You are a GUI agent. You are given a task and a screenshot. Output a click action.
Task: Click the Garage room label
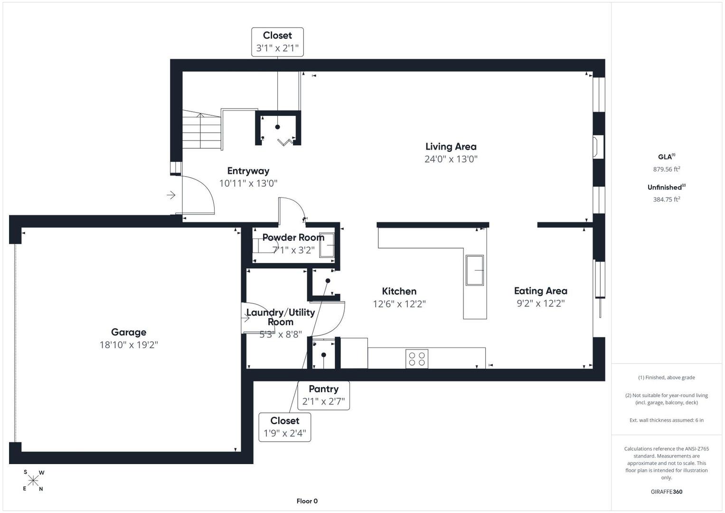pos(129,332)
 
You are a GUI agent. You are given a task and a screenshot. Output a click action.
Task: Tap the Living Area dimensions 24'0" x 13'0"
pos(451,159)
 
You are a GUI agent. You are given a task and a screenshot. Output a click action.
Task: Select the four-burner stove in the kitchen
pos(417,359)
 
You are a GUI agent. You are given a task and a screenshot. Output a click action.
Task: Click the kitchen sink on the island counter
pos(474,270)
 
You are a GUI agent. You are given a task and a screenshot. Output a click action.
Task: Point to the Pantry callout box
pos(323,395)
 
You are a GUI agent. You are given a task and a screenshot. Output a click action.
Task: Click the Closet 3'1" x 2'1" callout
pos(277,42)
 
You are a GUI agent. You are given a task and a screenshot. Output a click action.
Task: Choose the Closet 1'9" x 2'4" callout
pos(285,427)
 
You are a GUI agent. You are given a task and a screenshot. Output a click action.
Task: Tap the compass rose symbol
pos(33,481)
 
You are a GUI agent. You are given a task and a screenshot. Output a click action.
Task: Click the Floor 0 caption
pos(307,501)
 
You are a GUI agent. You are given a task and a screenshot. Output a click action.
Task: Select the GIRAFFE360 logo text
pos(667,492)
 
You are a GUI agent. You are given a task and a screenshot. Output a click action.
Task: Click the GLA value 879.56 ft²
pos(667,169)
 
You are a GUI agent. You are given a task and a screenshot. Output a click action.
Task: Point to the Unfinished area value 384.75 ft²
pos(667,199)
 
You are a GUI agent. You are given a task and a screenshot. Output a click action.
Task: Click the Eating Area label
pos(540,291)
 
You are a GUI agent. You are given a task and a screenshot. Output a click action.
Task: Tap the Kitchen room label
pos(399,291)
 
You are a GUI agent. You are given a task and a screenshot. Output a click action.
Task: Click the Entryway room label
pos(248,171)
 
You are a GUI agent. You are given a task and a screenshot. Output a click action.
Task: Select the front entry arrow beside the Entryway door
pos(171,195)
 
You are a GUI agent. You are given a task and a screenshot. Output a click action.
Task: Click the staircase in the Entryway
pos(202,130)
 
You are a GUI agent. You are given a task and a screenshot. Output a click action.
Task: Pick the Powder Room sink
pos(327,245)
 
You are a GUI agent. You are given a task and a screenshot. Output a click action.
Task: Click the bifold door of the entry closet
pos(285,142)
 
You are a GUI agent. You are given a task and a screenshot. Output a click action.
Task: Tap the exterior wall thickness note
pos(667,420)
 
